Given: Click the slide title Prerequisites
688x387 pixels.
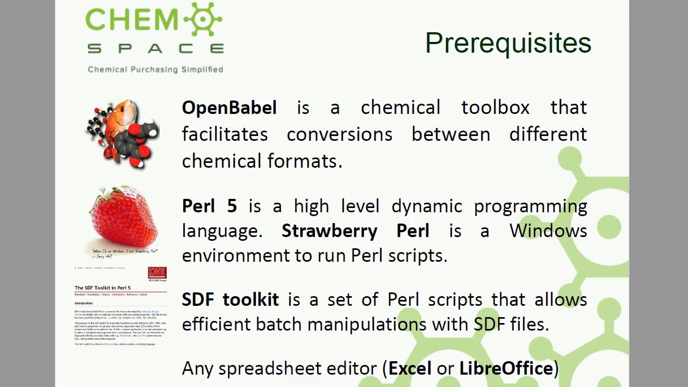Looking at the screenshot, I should point(508,43).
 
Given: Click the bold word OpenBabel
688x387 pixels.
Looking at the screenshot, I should point(230,107).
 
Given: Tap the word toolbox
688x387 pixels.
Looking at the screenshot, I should point(495,107).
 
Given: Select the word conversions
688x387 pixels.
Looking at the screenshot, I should point(339,134).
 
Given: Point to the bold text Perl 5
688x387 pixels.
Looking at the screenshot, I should point(209,206).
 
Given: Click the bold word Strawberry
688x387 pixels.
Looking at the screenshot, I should point(329,231).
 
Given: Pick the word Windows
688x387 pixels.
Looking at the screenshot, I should point(548,231).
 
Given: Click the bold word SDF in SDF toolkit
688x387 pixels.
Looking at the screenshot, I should point(199,299).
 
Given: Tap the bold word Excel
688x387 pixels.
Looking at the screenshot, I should point(410,368).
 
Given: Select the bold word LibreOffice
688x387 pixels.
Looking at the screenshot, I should point(506,368).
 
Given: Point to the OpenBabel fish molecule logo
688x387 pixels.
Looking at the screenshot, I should point(123,133).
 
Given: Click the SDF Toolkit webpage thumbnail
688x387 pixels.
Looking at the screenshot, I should point(121,306).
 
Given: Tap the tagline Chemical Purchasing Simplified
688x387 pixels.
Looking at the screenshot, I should point(155,69).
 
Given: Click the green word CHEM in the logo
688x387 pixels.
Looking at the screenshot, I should point(132,20).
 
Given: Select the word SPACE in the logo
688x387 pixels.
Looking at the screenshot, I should point(155,49).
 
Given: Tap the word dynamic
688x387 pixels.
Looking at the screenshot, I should point(427,206).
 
